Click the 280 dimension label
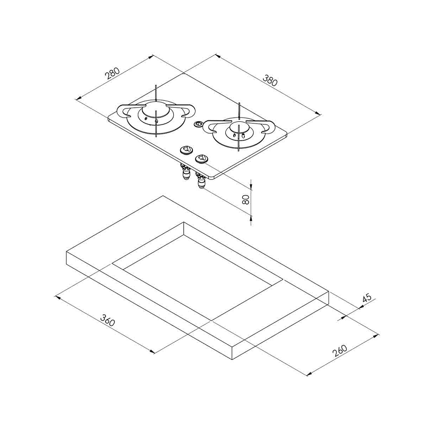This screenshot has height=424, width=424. (112, 73)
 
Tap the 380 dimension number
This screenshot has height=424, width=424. (270, 80)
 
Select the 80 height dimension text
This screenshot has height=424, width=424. (246, 200)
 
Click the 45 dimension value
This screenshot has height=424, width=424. (367, 297)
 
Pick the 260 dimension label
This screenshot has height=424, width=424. (340, 351)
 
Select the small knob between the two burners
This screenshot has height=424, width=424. (198, 124)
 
